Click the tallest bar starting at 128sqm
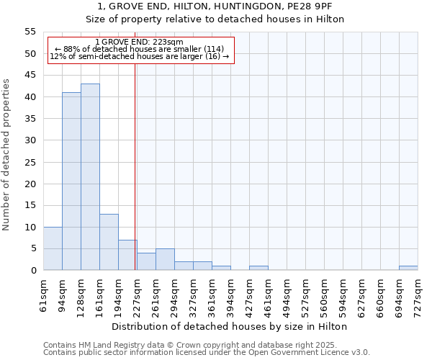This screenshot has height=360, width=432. tap(90, 177)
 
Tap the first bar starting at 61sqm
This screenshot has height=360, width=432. tap(53, 248)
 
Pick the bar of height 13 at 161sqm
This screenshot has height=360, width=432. tap(109, 242)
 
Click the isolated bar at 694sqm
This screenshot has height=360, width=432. tap(408, 268)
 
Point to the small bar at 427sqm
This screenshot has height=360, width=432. tap(258, 268)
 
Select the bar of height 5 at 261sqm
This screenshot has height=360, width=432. tap(165, 259)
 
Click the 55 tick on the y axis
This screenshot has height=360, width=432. tap(30, 32)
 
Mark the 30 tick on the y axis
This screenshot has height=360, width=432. tap(30, 140)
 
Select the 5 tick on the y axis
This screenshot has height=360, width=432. tap(33, 248)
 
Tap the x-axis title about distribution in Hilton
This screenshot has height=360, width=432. tap(230, 326)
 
